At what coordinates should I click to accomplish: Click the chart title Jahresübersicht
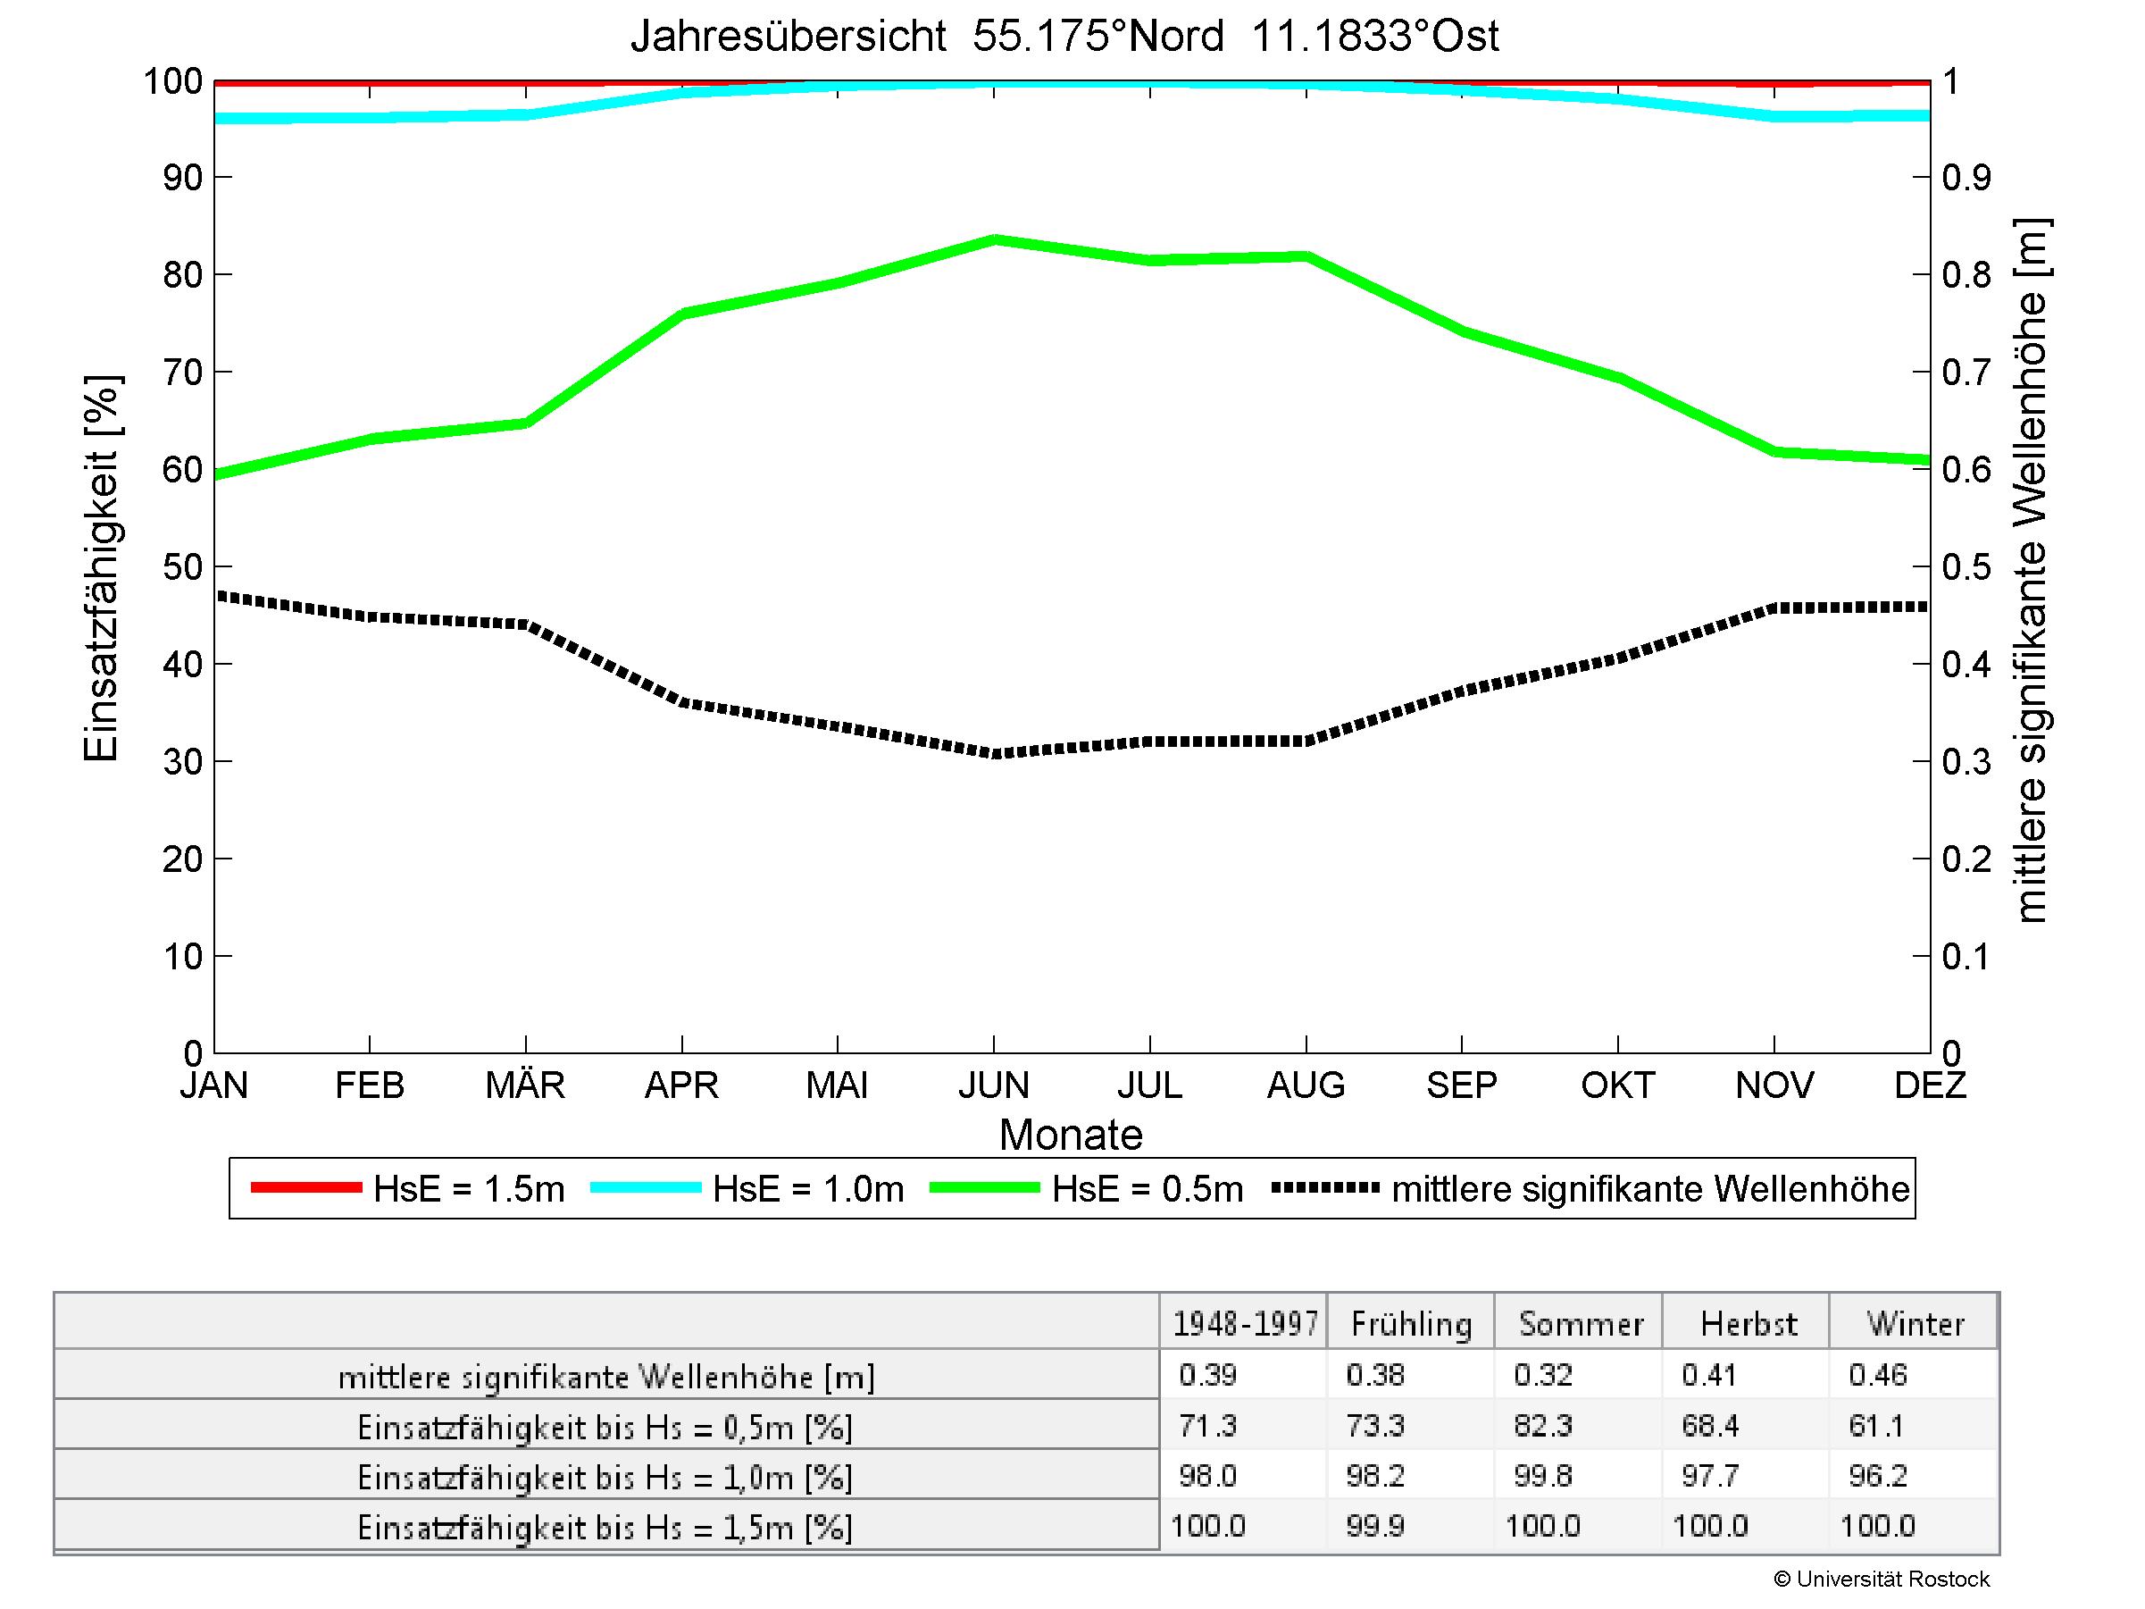[1064, 37]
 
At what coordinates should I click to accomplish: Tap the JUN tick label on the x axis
[993, 1085]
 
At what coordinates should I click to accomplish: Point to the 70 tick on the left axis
[182, 373]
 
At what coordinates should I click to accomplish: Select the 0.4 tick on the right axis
[1966, 666]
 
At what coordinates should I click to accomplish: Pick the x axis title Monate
[1071, 1135]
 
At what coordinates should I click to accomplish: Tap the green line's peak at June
[994, 239]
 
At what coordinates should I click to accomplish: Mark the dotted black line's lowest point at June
[994, 754]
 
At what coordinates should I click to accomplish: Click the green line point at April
[682, 314]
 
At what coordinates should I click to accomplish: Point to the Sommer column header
[1581, 1324]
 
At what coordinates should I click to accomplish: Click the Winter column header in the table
[1915, 1324]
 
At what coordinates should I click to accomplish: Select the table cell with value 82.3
[1543, 1426]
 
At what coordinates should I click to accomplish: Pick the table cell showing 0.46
[1877, 1375]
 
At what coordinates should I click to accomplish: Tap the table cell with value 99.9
[1375, 1527]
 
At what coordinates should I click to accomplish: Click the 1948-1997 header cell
[1245, 1324]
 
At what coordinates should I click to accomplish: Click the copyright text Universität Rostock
[1882, 1579]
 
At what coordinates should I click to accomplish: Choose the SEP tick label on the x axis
[1461, 1085]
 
